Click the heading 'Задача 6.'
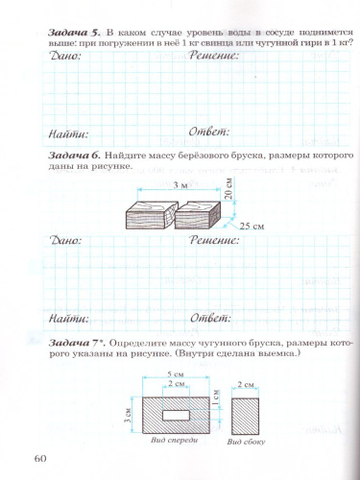tap(72, 156)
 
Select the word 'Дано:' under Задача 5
tap(64, 57)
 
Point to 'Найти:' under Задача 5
tap(67, 134)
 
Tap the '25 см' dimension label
tap(251, 225)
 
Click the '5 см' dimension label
tap(175, 374)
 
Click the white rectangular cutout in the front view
tap(176, 413)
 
